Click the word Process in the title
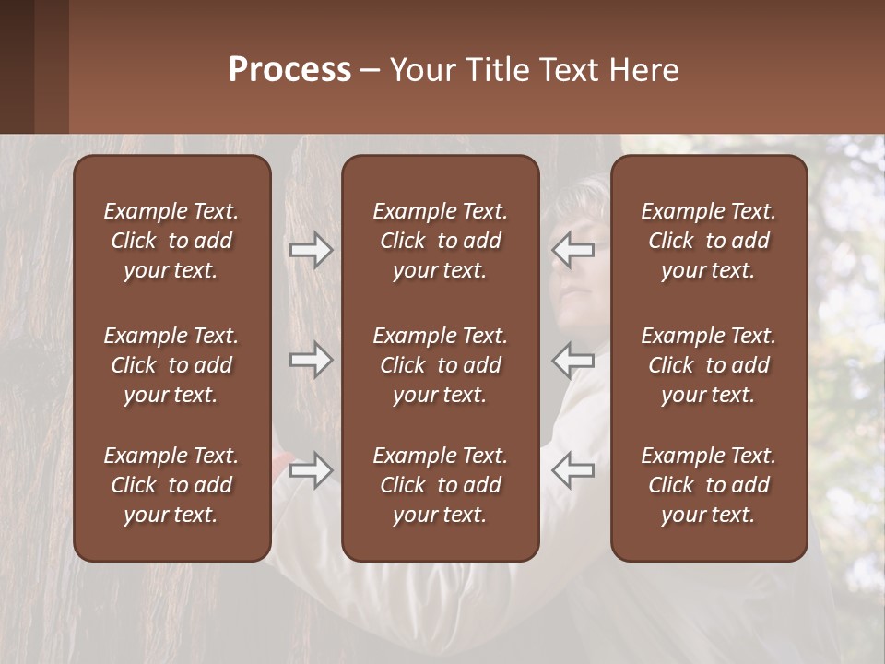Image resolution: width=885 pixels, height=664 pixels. tap(289, 70)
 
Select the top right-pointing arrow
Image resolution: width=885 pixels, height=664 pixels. tap(311, 250)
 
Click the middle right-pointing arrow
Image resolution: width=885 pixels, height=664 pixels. tap(311, 360)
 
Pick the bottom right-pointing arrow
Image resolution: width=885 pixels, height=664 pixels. tap(311, 470)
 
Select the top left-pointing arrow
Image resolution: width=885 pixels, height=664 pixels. tap(573, 250)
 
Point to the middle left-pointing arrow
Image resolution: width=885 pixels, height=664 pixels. tap(573, 360)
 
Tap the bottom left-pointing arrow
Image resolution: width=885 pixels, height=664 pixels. tap(573, 470)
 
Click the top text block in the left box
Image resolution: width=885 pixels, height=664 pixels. tap(171, 241)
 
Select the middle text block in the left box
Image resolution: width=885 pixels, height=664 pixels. tap(171, 365)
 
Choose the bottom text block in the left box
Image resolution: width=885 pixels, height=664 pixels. tap(171, 485)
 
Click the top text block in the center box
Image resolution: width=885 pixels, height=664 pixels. tap(440, 241)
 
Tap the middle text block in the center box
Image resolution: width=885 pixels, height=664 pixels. tap(440, 365)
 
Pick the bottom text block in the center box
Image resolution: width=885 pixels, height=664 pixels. tap(440, 485)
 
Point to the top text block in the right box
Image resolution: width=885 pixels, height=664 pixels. tap(708, 241)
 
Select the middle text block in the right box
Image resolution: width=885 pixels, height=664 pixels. tap(708, 365)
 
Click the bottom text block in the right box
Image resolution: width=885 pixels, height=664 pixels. tap(708, 485)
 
